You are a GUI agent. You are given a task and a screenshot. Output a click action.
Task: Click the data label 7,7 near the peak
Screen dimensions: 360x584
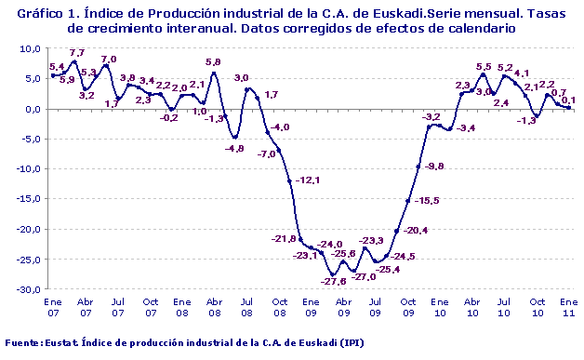coord(77,53)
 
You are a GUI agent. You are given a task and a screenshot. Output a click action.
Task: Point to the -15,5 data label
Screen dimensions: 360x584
coord(427,200)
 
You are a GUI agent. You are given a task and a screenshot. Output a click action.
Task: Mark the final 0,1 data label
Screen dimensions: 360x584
coord(568,100)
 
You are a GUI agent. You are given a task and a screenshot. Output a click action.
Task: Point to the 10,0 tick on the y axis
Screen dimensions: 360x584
coord(30,48)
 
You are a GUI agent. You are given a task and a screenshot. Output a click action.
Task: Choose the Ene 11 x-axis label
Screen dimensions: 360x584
coord(568,307)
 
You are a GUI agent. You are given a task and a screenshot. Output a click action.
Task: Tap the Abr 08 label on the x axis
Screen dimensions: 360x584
coord(214,307)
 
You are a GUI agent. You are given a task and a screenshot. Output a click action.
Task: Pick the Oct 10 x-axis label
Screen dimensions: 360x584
coord(537,307)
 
